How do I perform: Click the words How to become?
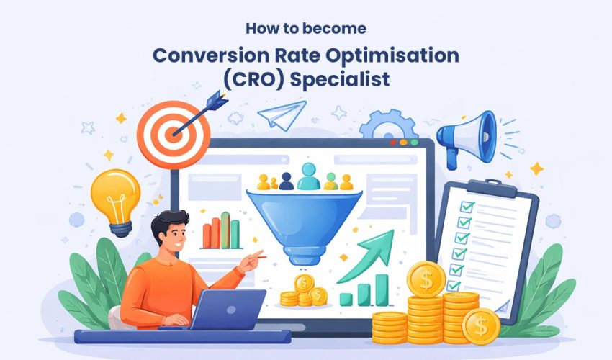pyautogui.click(x=305, y=30)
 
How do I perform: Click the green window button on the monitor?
pyautogui.click(x=413, y=143)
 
